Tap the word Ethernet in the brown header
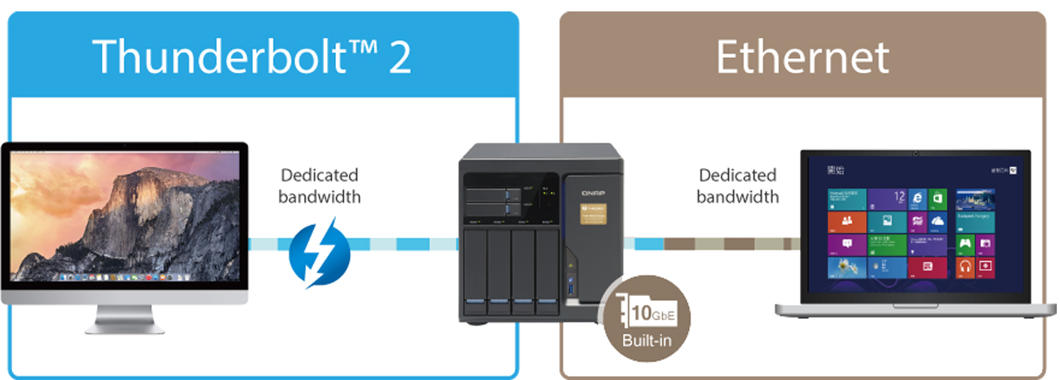click(x=802, y=56)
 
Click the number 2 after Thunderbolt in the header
click(x=400, y=56)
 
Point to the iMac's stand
click(x=124, y=319)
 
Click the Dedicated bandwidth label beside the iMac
click(x=319, y=186)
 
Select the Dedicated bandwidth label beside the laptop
click(x=737, y=186)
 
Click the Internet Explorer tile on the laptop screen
click(x=917, y=199)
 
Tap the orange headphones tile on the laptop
click(x=965, y=267)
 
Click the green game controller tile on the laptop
click(x=965, y=244)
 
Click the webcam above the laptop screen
click(x=915, y=153)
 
